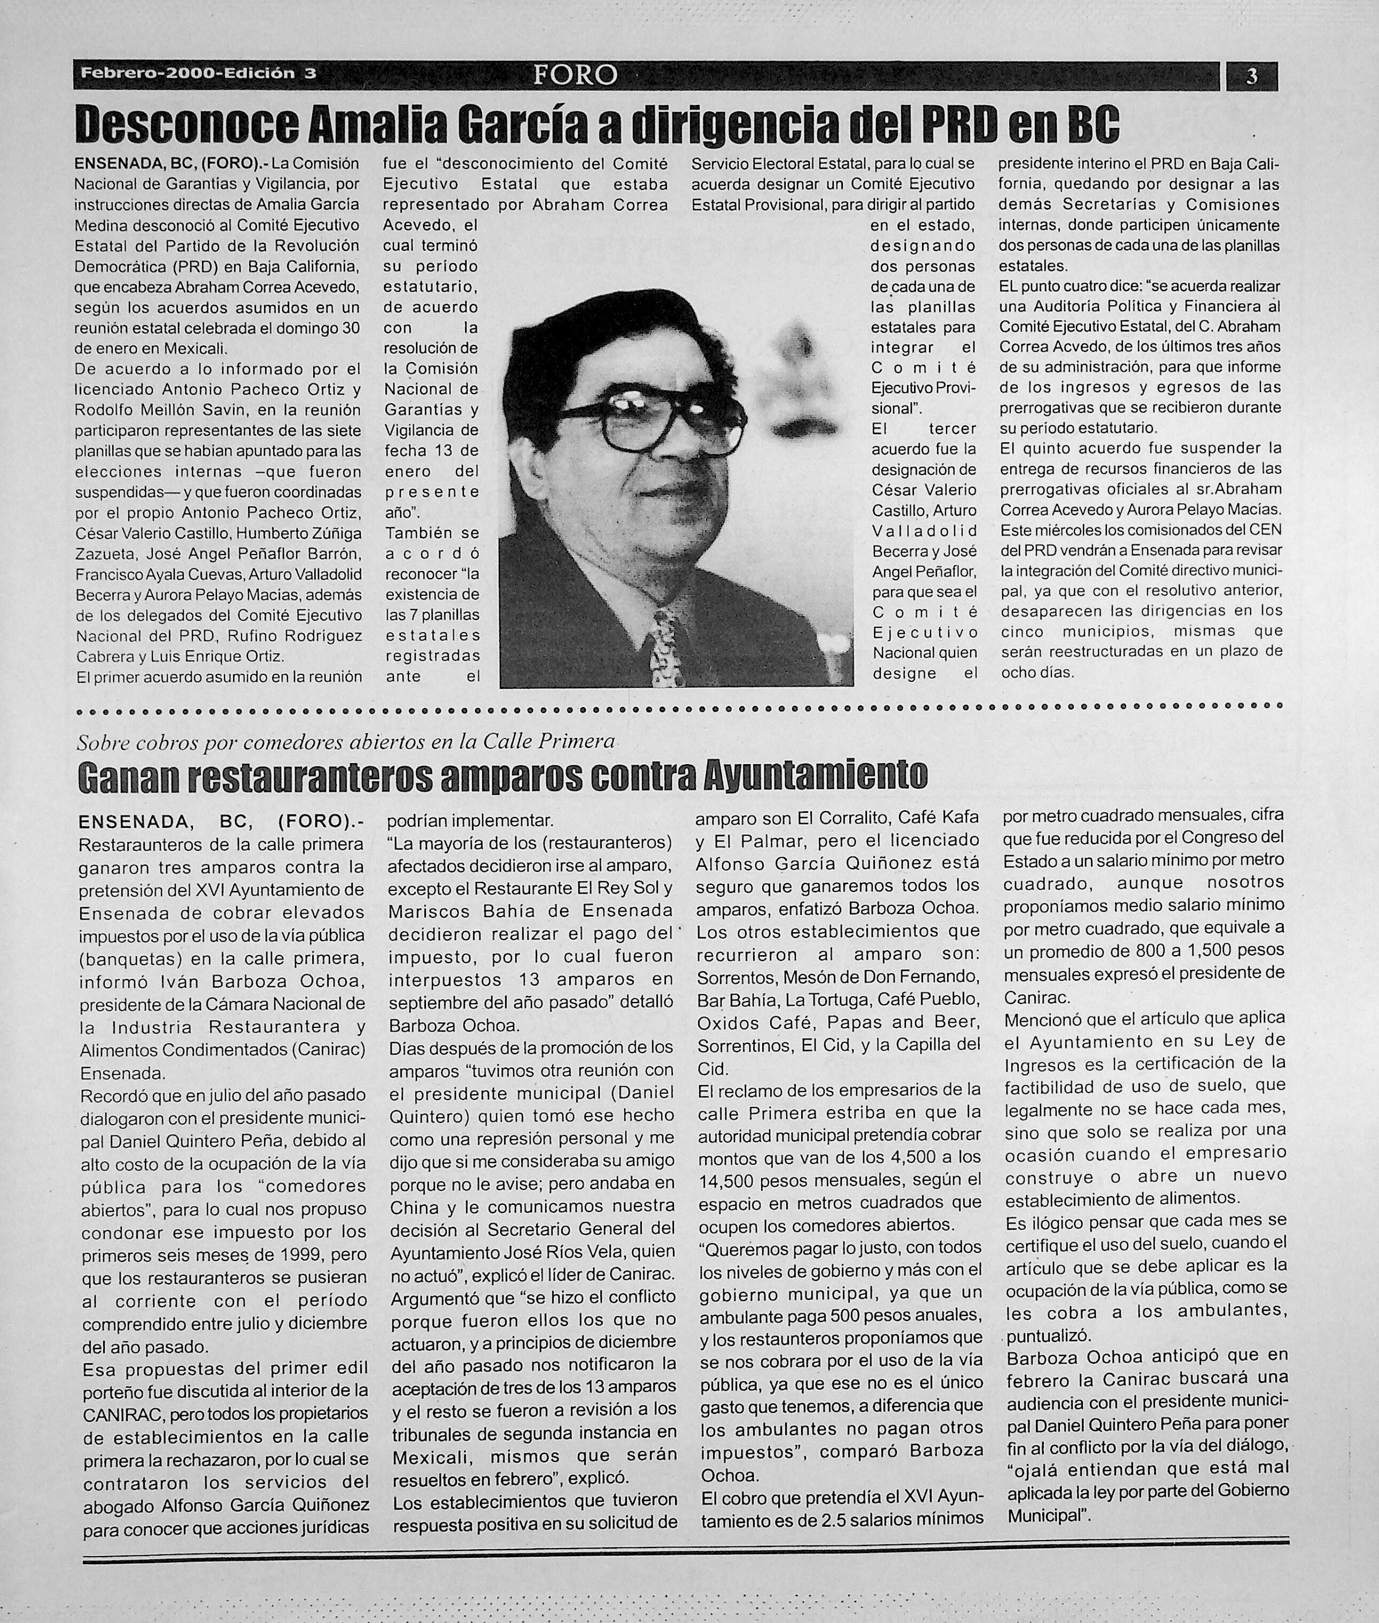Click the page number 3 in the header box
1252,76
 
